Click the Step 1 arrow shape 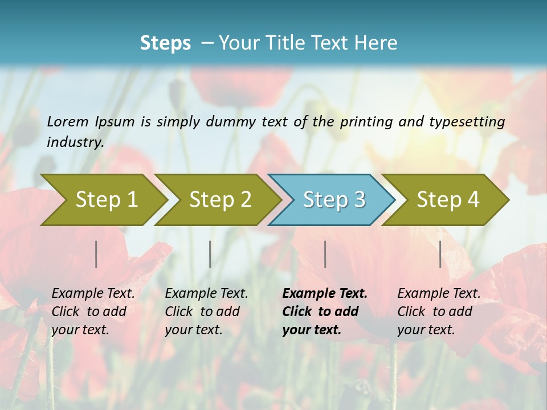105,200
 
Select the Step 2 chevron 219,200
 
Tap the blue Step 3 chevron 333,200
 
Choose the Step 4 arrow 447,200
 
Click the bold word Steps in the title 165,43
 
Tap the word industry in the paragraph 75,142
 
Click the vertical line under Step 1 96,254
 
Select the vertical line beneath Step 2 210,254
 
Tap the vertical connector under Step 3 325,254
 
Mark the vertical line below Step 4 440,254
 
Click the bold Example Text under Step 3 325,294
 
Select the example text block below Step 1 93,311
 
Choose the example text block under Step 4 439,311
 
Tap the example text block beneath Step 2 206,311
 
